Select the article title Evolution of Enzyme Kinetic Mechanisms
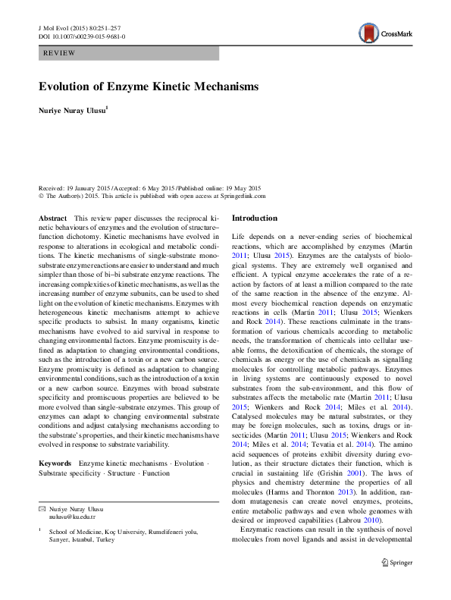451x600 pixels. click(149, 87)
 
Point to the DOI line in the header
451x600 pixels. click(82, 36)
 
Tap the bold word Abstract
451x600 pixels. click(52, 218)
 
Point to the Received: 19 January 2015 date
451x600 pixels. click(74, 187)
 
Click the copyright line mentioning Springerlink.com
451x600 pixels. click(152, 195)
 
